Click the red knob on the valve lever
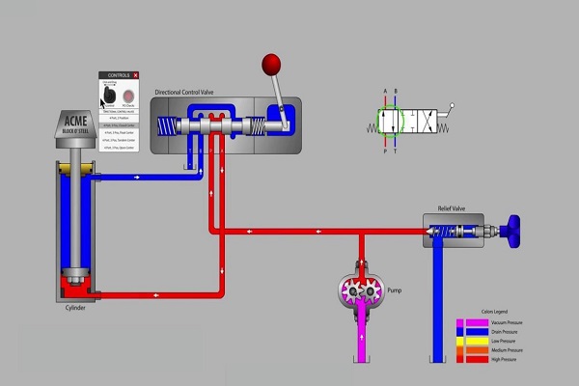(x=270, y=66)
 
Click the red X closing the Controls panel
(x=136, y=74)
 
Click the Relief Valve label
(x=452, y=207)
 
